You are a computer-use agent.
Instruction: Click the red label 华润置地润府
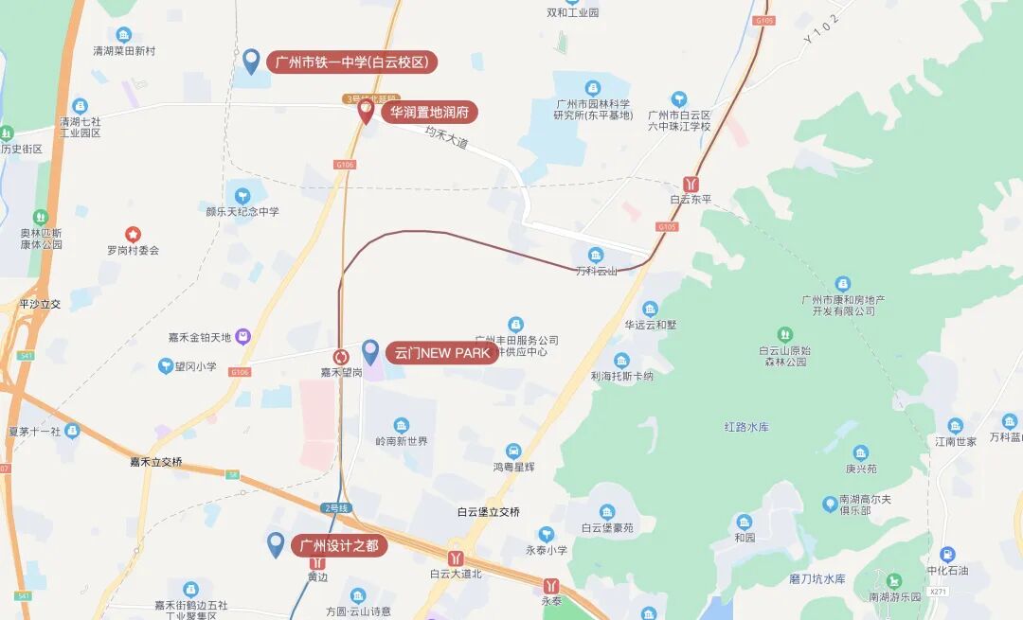tap(429, 113)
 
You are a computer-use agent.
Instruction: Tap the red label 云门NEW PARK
tap(442, 353)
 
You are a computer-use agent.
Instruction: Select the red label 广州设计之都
tap(339, 545)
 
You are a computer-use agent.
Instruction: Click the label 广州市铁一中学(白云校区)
tap(351, 63)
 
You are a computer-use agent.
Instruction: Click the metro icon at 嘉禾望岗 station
tap(341, 357)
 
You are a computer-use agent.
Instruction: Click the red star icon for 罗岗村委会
tap(133, 234)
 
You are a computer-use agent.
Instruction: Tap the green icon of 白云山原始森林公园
tap(783, 334)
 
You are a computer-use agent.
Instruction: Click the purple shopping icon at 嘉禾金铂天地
tap(243, 336)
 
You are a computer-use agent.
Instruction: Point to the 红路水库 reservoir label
tap(746, 427)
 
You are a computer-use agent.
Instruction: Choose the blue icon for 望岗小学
tap(166, 366)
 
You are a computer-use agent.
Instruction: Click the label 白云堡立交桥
tap(488, 512)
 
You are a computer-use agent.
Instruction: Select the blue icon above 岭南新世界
tap(402, 425)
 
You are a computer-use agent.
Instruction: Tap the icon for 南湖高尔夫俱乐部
tap(831, 504)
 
